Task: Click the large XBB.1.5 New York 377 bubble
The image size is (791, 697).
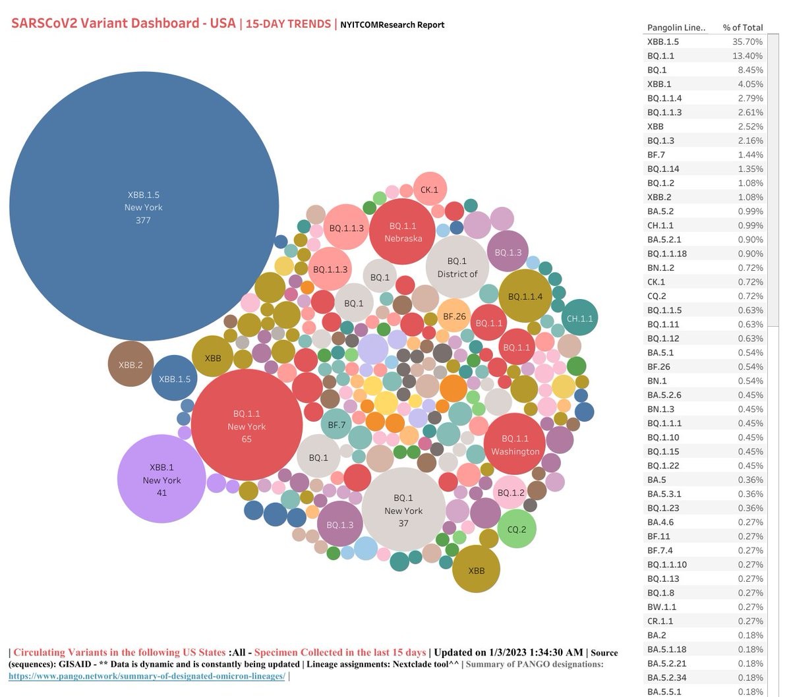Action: [x=144, y=206]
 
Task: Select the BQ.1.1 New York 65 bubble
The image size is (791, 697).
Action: [x=247, y=426]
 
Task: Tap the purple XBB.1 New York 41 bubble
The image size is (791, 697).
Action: [x=161, y=479]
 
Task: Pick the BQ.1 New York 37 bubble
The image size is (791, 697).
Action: [x=403, y=510]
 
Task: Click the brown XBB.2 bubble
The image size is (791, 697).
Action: [x=131, y=364]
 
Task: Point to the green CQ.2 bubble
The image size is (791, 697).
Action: [x=517, y=529]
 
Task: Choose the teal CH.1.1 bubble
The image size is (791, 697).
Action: [x=579, y=318]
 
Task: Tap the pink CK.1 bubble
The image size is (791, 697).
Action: [x=429, y=190]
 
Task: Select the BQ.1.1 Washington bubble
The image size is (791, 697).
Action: [x=515, y=444]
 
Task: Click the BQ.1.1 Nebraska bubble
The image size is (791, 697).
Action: [x=403, y=232]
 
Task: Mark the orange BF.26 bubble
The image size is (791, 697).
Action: [x=454, y=316]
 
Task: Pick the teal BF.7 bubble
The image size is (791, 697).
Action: [x=337, y=425]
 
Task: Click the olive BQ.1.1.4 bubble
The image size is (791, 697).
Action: [x=525, y=296]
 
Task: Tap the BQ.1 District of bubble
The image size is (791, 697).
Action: [x=457, y=267]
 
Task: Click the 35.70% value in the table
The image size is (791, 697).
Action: [x=747, y=42]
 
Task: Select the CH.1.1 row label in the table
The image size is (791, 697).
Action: [x=660, y=225]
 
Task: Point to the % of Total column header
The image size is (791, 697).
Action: [x=743, y=28]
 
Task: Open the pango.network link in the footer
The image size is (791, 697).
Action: [x=147, y=676]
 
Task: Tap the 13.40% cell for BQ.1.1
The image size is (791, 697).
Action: [x=747, y=56]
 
